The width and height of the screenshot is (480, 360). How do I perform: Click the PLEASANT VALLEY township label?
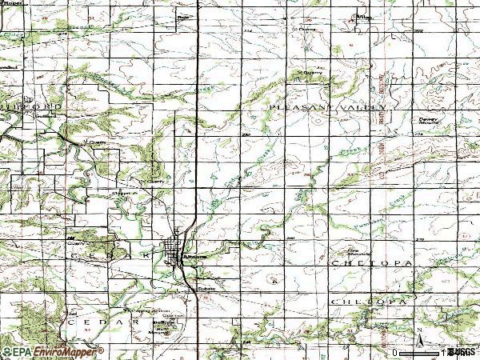click(329, 106)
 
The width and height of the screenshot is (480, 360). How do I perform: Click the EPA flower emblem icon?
click(7, 351)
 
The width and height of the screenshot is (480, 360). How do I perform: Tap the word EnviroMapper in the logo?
click(69, 351)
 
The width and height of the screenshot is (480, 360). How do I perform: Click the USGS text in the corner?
click(462, 351)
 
